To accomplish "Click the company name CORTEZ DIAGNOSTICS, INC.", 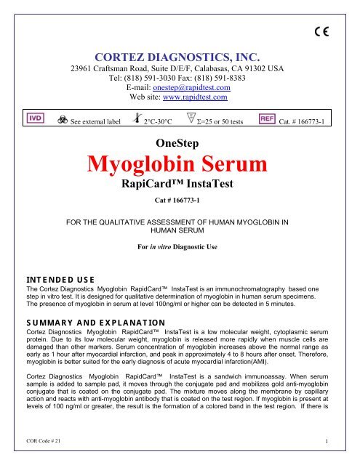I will click(x=180, y=53).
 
